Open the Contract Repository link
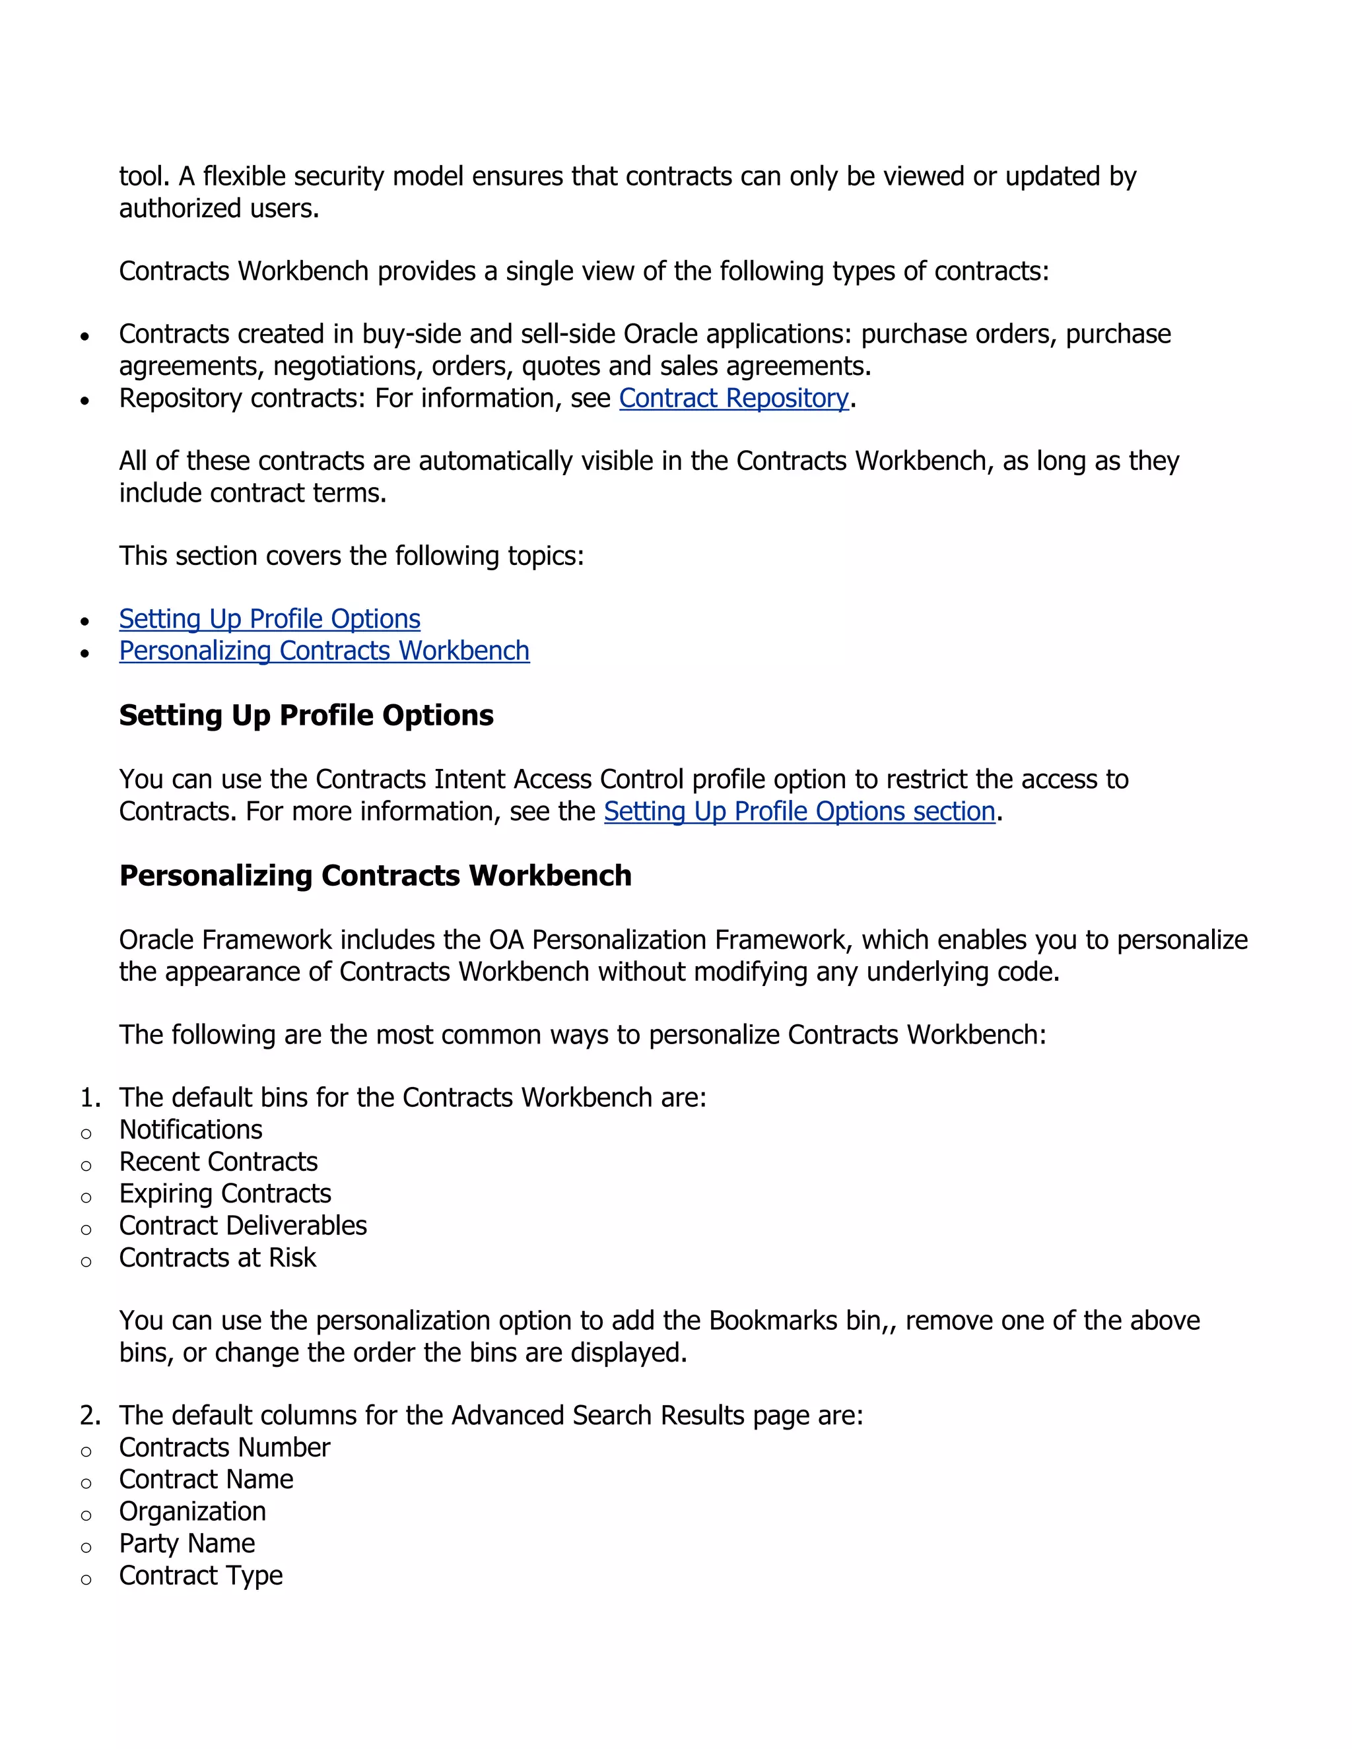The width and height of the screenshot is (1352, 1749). (x=733, y=398)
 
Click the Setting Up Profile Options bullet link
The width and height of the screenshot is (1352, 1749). (x=269, y=619)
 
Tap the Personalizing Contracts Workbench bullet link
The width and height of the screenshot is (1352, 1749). (x=323, y=651)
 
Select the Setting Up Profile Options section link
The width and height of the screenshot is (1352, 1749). (x=799, y=811)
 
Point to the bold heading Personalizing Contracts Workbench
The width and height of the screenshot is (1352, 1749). (x=375, y=875)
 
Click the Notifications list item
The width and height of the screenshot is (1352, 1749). (x=191, y=1129)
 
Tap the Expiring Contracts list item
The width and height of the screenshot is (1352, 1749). (x=225, y=1193)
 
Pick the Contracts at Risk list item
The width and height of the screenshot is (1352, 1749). (x=217, y=1257)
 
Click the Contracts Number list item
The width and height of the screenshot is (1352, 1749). (x=224, y=1447)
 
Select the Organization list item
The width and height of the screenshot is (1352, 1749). (x=192, y=1511)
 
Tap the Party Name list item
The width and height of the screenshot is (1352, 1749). (x=187, y=1543)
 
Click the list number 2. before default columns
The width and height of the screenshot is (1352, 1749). (x=90, y=1415)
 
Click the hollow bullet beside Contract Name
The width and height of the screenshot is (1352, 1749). (x=86, y=1483)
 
